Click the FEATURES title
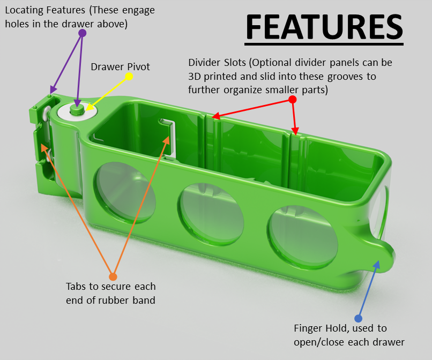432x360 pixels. (x=324, y=27)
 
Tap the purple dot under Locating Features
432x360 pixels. (x=83, y=33)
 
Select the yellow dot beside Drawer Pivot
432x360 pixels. (x=129, y=76)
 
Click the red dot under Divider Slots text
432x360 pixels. (x=292, y=99)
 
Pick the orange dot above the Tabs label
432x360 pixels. (x=113, y=276)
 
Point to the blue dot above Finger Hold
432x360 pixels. (x=358, y=318)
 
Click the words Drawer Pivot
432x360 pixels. (x=120, y=67)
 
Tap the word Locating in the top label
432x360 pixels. (x=24, y=11)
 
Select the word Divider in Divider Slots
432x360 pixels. (x=204, y=63)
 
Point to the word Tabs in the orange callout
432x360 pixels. (x=76, y=287)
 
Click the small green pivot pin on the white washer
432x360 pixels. (x=77, y=109)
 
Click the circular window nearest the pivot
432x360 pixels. (x=125, y=192)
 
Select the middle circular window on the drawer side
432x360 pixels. (x=211, y=214)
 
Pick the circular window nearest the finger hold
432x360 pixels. (x=302, y=237)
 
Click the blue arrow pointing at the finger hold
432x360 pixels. (x=369, y=289)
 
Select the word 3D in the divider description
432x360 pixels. (x=195, y=77)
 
